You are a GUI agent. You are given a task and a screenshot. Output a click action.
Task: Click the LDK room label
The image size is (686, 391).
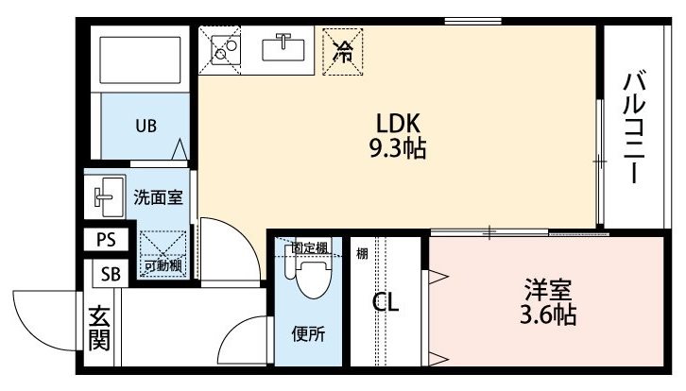click(x=398, y=123)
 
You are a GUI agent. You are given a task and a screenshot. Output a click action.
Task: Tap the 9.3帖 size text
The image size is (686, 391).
click(x=398, y=148)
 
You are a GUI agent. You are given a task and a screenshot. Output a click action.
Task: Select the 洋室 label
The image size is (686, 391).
click(x=548, y=290)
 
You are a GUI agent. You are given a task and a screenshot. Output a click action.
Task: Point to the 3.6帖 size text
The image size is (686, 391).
click(x=548, y=314)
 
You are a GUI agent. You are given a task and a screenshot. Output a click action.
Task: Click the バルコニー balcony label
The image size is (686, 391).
click(x=634, y=127)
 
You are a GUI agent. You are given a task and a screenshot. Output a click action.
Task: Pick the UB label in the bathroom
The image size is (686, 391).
click(x=146, y=126)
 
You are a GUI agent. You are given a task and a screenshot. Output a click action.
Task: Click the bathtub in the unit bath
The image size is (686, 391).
click(x=140, y=59)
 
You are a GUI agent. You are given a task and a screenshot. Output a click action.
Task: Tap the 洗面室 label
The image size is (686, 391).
click(x=158, y=197)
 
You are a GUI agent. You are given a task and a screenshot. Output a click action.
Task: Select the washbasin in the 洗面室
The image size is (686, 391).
click(x=106, y=196)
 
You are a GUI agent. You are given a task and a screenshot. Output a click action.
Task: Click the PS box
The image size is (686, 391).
click(x=106, y=240)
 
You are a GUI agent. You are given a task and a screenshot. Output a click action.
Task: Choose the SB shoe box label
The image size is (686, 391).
click(x=111, y=274)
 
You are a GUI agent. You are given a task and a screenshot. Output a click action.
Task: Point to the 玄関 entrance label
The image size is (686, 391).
click(x=99, y=329)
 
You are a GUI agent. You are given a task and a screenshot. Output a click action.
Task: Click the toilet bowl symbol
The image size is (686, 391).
click(x=314, y=278)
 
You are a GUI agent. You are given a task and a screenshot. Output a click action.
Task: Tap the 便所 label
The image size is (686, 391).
click(x=308, y=334)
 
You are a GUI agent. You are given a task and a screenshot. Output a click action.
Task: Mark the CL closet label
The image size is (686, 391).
click(x=386, y=302)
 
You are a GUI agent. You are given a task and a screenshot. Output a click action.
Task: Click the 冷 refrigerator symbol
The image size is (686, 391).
click(x=343, y=52)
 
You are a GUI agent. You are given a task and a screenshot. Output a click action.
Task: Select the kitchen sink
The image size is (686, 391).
click(x=283, y=49)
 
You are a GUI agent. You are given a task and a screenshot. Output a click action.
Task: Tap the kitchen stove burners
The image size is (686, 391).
click(x=226, y=50)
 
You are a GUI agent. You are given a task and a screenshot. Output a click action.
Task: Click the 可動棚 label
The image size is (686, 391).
click(x=163, y=265)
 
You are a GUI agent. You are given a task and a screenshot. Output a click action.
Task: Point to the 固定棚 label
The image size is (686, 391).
click(x=310, y=248)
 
